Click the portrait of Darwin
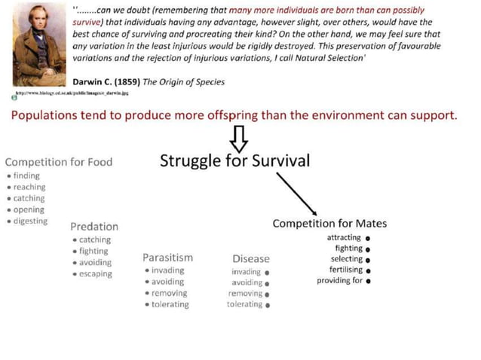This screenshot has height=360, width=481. point(38,46)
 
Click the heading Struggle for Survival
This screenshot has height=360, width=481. point(234,160)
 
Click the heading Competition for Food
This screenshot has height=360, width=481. point(59,162)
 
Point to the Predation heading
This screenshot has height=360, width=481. point(94,226)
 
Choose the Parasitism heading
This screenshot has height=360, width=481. point(167,258)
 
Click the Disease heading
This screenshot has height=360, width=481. point(251,259)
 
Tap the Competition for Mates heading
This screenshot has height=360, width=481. point(329,224)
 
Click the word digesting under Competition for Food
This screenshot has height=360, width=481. point(30,221)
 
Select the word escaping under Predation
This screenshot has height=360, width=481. point(96,274)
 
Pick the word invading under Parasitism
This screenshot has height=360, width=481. point(167,270)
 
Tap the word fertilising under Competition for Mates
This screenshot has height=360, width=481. point(345,270)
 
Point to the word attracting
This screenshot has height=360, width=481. point(344,238)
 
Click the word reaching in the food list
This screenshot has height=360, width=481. point(29,187)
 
